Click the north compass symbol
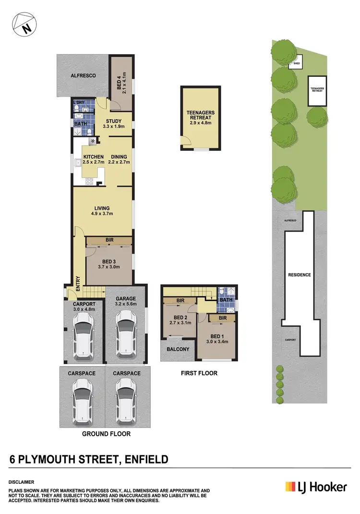[24, 24]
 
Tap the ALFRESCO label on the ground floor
[83, 76]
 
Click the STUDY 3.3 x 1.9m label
[113, 124]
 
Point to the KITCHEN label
[93, 159]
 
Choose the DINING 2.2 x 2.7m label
[119, 159]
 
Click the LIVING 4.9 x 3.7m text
[102, 211]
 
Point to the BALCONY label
[178, 349]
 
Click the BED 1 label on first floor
[216, 339]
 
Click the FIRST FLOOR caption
[199, 373]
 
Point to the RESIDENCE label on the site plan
[299, 275]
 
